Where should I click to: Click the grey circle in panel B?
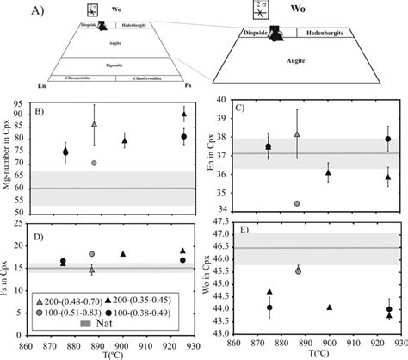tap(93, 163)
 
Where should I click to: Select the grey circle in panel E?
tap(298, 270)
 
